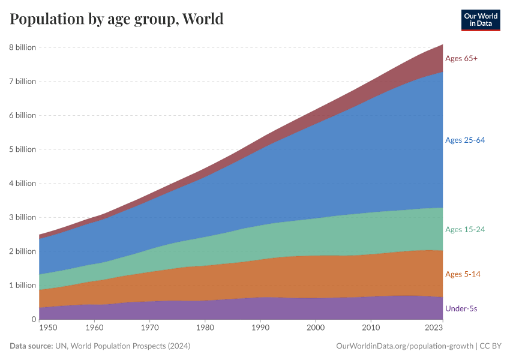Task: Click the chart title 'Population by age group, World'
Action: pyautogui.click(x=116, y=19)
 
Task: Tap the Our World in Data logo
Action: pyautogui.click(x=480, y=19)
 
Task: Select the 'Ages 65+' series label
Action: pyautogui.click(x=461, y=58)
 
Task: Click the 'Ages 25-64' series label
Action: pyautogui.click(x=464, y=140)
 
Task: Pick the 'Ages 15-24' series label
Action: pyautogui.click(x=464, y=229)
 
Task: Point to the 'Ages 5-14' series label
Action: pyautogui.click(x=463, y=274)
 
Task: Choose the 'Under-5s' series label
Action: pyautogui.click(x=461, y=308)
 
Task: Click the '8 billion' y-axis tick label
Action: pyautogui.click(x=22, y=47)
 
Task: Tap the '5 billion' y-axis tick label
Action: pyautogui.click(x=22, y=149)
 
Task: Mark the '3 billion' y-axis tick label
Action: pyautogui.click(x=22, y=217)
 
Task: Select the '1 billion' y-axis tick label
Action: pyautogui.click(x=22, y=285)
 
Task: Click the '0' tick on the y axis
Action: pyautogui.click(x=33, y=319)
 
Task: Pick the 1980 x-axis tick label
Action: pyautogui.click(x=205, y=328)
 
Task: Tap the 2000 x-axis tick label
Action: pyautogui.click(x=316, y=328)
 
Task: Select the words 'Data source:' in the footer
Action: pyautogui.click(x=31, y=346)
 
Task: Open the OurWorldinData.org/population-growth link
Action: pyautogui.click(x=404, y=346)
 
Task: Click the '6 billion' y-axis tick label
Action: pyautogui.click(x=22, y=115)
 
